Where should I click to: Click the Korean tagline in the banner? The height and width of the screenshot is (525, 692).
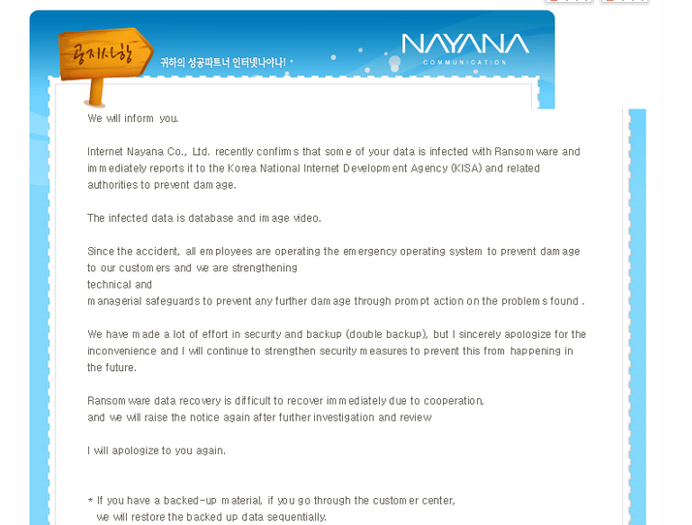[223, 62]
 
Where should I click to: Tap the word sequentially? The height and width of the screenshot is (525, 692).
[295, 517]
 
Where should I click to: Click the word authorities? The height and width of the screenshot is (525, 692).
[113, 185]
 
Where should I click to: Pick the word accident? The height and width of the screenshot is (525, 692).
[157, 251]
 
